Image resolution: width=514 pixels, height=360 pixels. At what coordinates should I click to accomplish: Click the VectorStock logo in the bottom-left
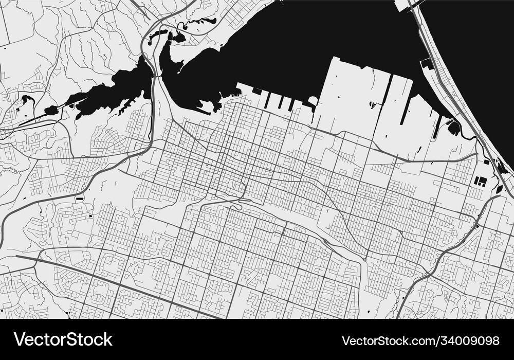[x=63, y=339]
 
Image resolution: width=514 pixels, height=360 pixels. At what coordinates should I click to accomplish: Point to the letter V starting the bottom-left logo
[x=19, y=339]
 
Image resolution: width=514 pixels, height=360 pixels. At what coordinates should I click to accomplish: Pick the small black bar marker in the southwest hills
[x=79, y=197]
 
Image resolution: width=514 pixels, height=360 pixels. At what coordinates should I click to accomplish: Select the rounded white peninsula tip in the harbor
[x=313, y=100]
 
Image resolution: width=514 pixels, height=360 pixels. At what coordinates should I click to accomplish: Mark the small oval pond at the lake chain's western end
[x=51, y=110]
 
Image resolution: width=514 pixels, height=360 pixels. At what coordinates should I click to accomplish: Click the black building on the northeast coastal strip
[x=427, y=64]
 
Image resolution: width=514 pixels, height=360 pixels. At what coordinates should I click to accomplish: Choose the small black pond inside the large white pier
[x=372, y=105]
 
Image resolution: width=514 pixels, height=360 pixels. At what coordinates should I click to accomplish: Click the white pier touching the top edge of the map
[x=401, y=5]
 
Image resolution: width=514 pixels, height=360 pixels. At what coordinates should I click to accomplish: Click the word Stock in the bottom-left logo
[x=87, y=339]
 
